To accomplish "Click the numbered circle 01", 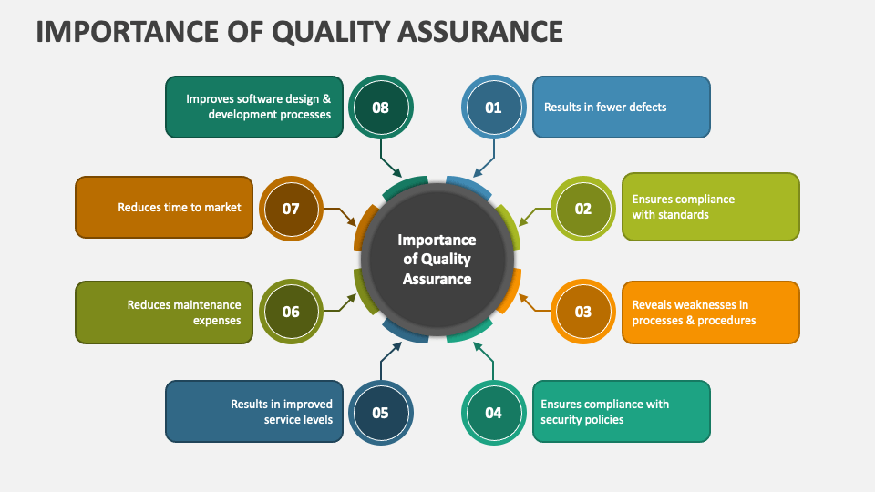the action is (493, 108).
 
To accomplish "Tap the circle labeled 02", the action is (583, 209).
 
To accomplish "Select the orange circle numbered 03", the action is (583, 312).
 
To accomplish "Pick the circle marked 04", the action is (493, 413).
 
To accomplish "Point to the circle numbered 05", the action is (381, 413).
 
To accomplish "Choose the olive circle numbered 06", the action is (291, 312).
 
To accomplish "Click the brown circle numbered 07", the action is (291, 209).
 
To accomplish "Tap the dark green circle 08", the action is (381, 108).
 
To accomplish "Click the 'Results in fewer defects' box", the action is (621, 108).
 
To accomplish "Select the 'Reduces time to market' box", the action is (164, 208).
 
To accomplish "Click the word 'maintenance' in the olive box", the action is (207, 305).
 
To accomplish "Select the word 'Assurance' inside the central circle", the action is (437, 279).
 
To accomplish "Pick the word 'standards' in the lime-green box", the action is (684, 215).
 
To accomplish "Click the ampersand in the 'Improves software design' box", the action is (326, 99).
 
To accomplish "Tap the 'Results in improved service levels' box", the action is (254, 412).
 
